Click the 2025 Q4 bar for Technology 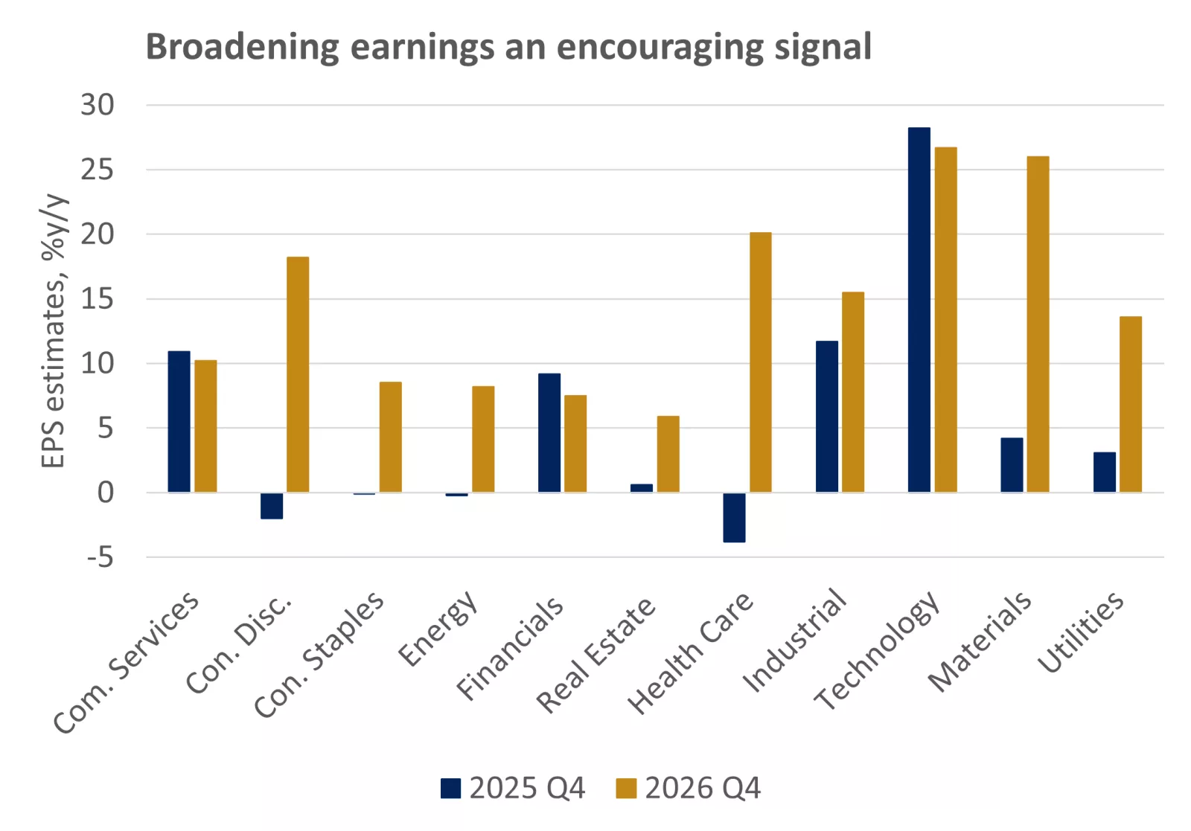coord(919,309)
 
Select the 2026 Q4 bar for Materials coord(1038,324)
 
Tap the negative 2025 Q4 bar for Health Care coord(734,517)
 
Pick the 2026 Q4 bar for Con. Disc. coord(298,374)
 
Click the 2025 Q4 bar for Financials coord(549,432)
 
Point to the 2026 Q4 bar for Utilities coord(1130,404)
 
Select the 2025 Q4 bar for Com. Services coord(179,421)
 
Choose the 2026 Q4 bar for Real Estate coord(668,454)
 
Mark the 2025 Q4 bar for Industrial coord(826,416)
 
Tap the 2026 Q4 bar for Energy coord(483,439)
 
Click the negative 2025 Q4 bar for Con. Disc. coord(272,505)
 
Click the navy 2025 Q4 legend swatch coord(450,788)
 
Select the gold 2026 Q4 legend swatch coord(626,788)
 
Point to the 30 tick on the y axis coord(98,105)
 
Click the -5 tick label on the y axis coord(100,556)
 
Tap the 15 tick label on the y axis coord(98,299)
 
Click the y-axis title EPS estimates coord(53,331)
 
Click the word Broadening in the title coord(242,47)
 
